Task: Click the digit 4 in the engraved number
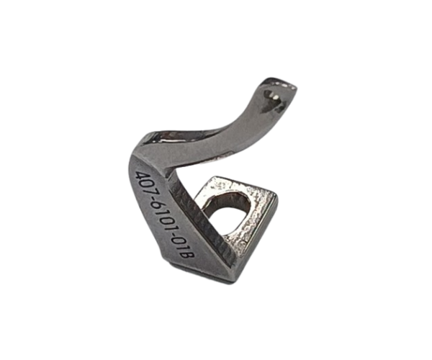pyautogui.click(x=141, y=176)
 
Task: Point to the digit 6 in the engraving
pyautogui.click(x=158, y=209)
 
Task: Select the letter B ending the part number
pyautogui.click(x=189, y=254)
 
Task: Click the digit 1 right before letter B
pyautogui.click(x=184, y=248)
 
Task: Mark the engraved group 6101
pyautogui.click(x=164, y=219)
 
